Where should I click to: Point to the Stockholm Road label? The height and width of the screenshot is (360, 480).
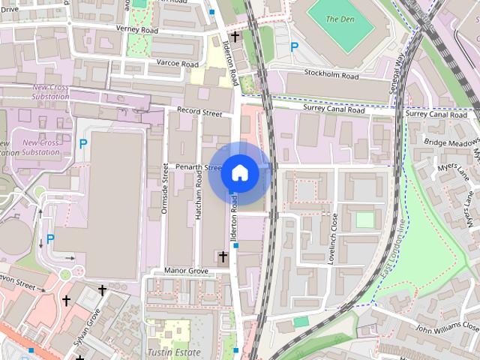331,75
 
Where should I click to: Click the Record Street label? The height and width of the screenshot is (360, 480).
199,113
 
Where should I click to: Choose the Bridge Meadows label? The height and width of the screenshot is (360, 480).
451,142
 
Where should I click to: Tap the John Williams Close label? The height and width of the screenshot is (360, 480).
447,327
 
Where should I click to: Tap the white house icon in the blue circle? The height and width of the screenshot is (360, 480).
239,172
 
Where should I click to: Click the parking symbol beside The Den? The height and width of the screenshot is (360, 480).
295,46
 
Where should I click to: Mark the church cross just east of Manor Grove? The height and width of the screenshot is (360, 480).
222,256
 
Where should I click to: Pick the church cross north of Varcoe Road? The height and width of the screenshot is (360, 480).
235,35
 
